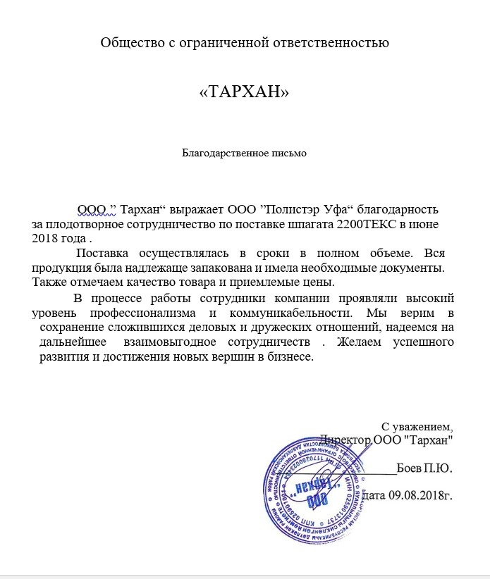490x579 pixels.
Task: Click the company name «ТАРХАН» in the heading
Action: pos(245,92)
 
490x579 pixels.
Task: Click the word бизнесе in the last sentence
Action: pos(287,356)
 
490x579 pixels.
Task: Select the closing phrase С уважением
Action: pos(416,427)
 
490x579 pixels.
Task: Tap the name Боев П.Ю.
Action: pos(435,468)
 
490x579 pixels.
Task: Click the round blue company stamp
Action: pos(318,487)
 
